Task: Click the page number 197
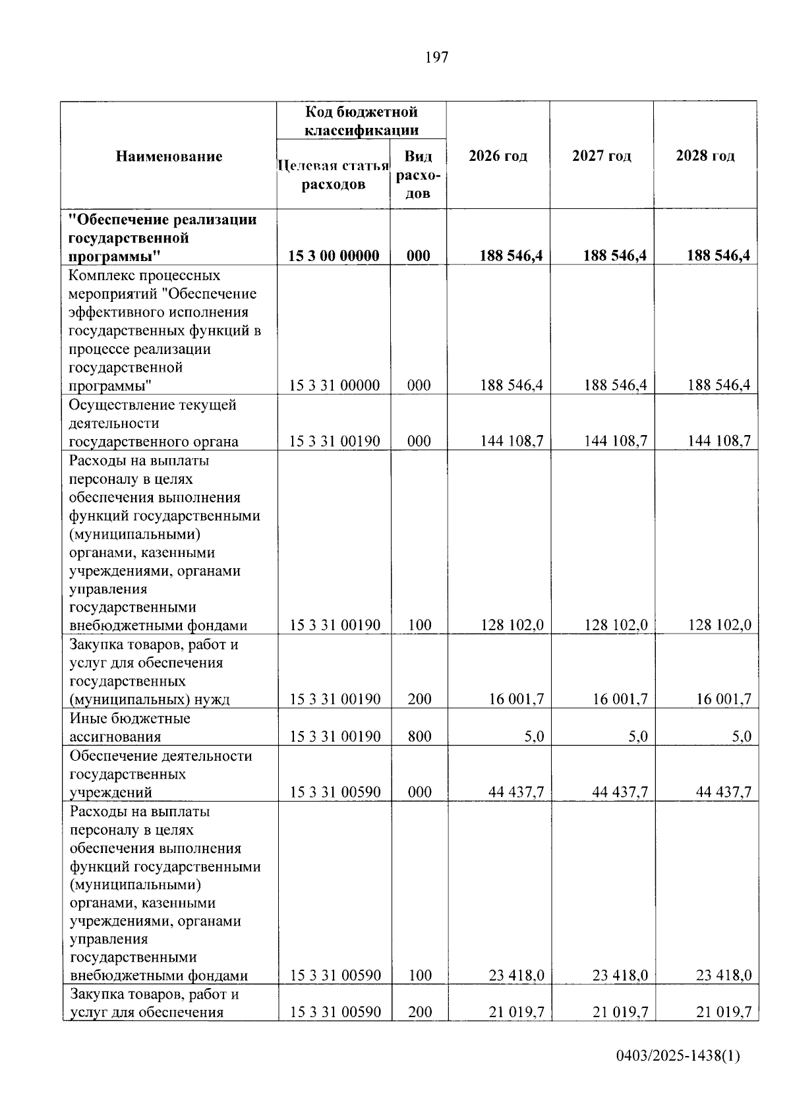[436, 57]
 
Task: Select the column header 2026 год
[498, 156]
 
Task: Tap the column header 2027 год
[602, 156]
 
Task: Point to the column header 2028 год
[705, 156]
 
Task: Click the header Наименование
[169, 156]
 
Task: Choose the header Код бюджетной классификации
[361, 121]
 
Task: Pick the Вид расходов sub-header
[418, 175]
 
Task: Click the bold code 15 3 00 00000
[334, 256]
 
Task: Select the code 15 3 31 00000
[334, 386]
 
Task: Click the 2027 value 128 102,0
[616, 625]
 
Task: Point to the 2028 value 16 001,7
[724, 699]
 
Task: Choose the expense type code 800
[419, 736]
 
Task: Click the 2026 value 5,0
[534, 736]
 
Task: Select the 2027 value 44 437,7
[620, 792]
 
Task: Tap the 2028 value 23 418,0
[724, 975]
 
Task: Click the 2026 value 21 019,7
[516, 1012]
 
